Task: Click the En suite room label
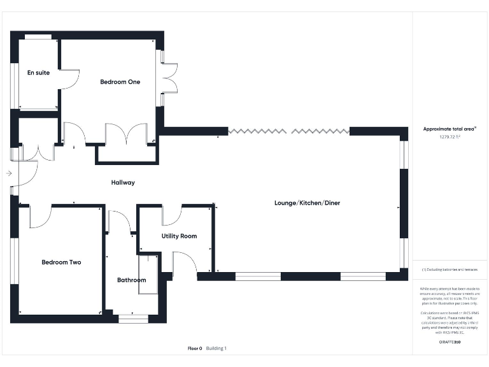38,73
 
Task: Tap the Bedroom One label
120,82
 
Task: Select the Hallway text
123,182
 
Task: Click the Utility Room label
179,236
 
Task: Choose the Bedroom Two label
61,262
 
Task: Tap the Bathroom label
131,280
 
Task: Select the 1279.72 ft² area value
450,137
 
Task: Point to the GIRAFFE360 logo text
450,343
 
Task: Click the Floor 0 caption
195,349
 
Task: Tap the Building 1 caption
216,349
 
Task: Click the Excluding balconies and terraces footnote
450,270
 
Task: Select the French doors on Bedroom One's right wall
168,79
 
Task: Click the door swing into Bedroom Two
40,217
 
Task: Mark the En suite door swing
69,79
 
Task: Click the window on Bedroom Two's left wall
13,261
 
